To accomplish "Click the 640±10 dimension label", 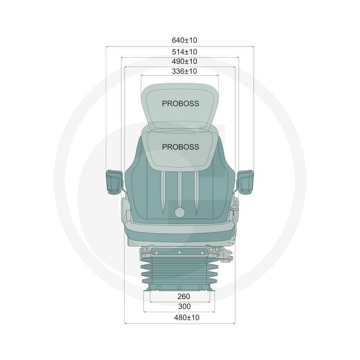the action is (x=184, y=40).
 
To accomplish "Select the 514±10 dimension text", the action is (x=184, y=52).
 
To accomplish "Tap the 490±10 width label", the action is (x=184, y=62).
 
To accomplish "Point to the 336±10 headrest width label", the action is (x=184, y=71).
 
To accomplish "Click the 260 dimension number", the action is (x=184, y=296).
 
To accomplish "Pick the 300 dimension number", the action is (x=184, y=306).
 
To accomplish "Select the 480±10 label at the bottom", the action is (x=186, y=318).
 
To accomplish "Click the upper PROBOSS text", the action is (x=180, y=104).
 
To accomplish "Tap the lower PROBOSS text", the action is (x=180, y=147).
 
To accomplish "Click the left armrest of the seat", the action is (x=114, y=182).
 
